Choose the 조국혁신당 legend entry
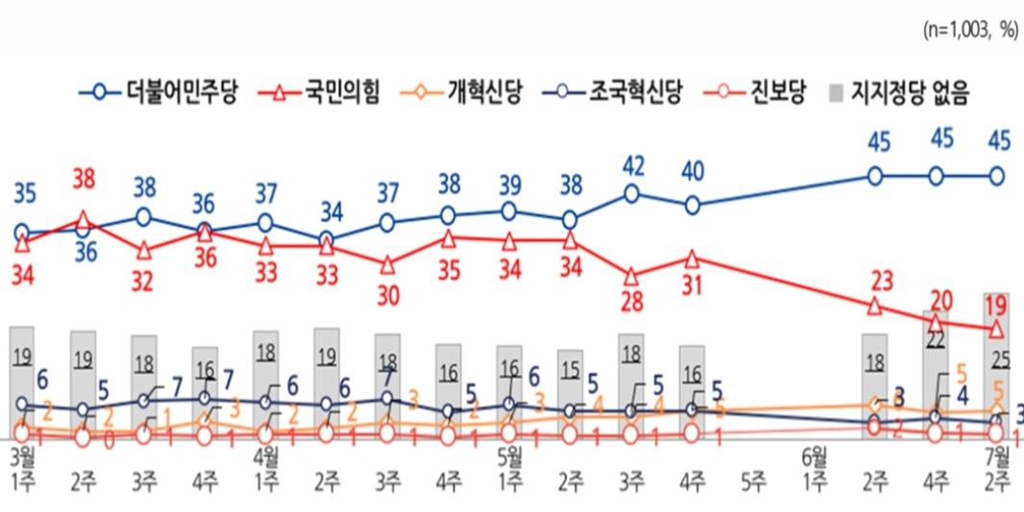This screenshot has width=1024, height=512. point(633,92)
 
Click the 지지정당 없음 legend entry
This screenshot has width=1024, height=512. point(907,92)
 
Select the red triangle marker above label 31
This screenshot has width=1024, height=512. point(693,257)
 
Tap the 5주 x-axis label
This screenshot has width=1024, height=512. point(753,475)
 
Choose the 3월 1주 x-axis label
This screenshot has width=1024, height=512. point(21,464)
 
